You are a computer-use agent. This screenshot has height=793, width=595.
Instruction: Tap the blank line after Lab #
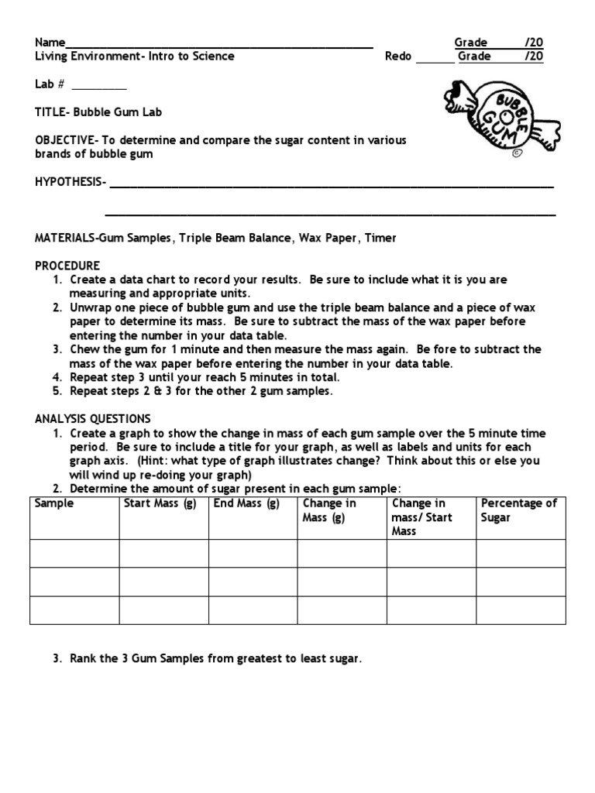click(x=99, y=88)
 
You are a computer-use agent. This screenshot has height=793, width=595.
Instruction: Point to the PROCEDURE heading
click(x=67, y=266)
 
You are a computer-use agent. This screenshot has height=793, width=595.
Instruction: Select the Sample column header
click(x=54, y=503)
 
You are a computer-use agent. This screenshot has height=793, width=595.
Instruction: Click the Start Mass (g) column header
click(x=158, y=503)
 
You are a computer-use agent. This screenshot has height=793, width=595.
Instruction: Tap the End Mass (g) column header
click(x=246, y=503)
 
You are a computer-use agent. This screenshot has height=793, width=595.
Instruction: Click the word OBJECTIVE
click(x=64, y=140)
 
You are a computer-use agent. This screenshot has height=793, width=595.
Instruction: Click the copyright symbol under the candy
click(x=515, y=153)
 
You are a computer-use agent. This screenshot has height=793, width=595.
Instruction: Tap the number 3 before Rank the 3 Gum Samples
click(x=57, y=660)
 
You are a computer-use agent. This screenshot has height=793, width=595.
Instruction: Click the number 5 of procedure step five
click(x=57, y=391)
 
